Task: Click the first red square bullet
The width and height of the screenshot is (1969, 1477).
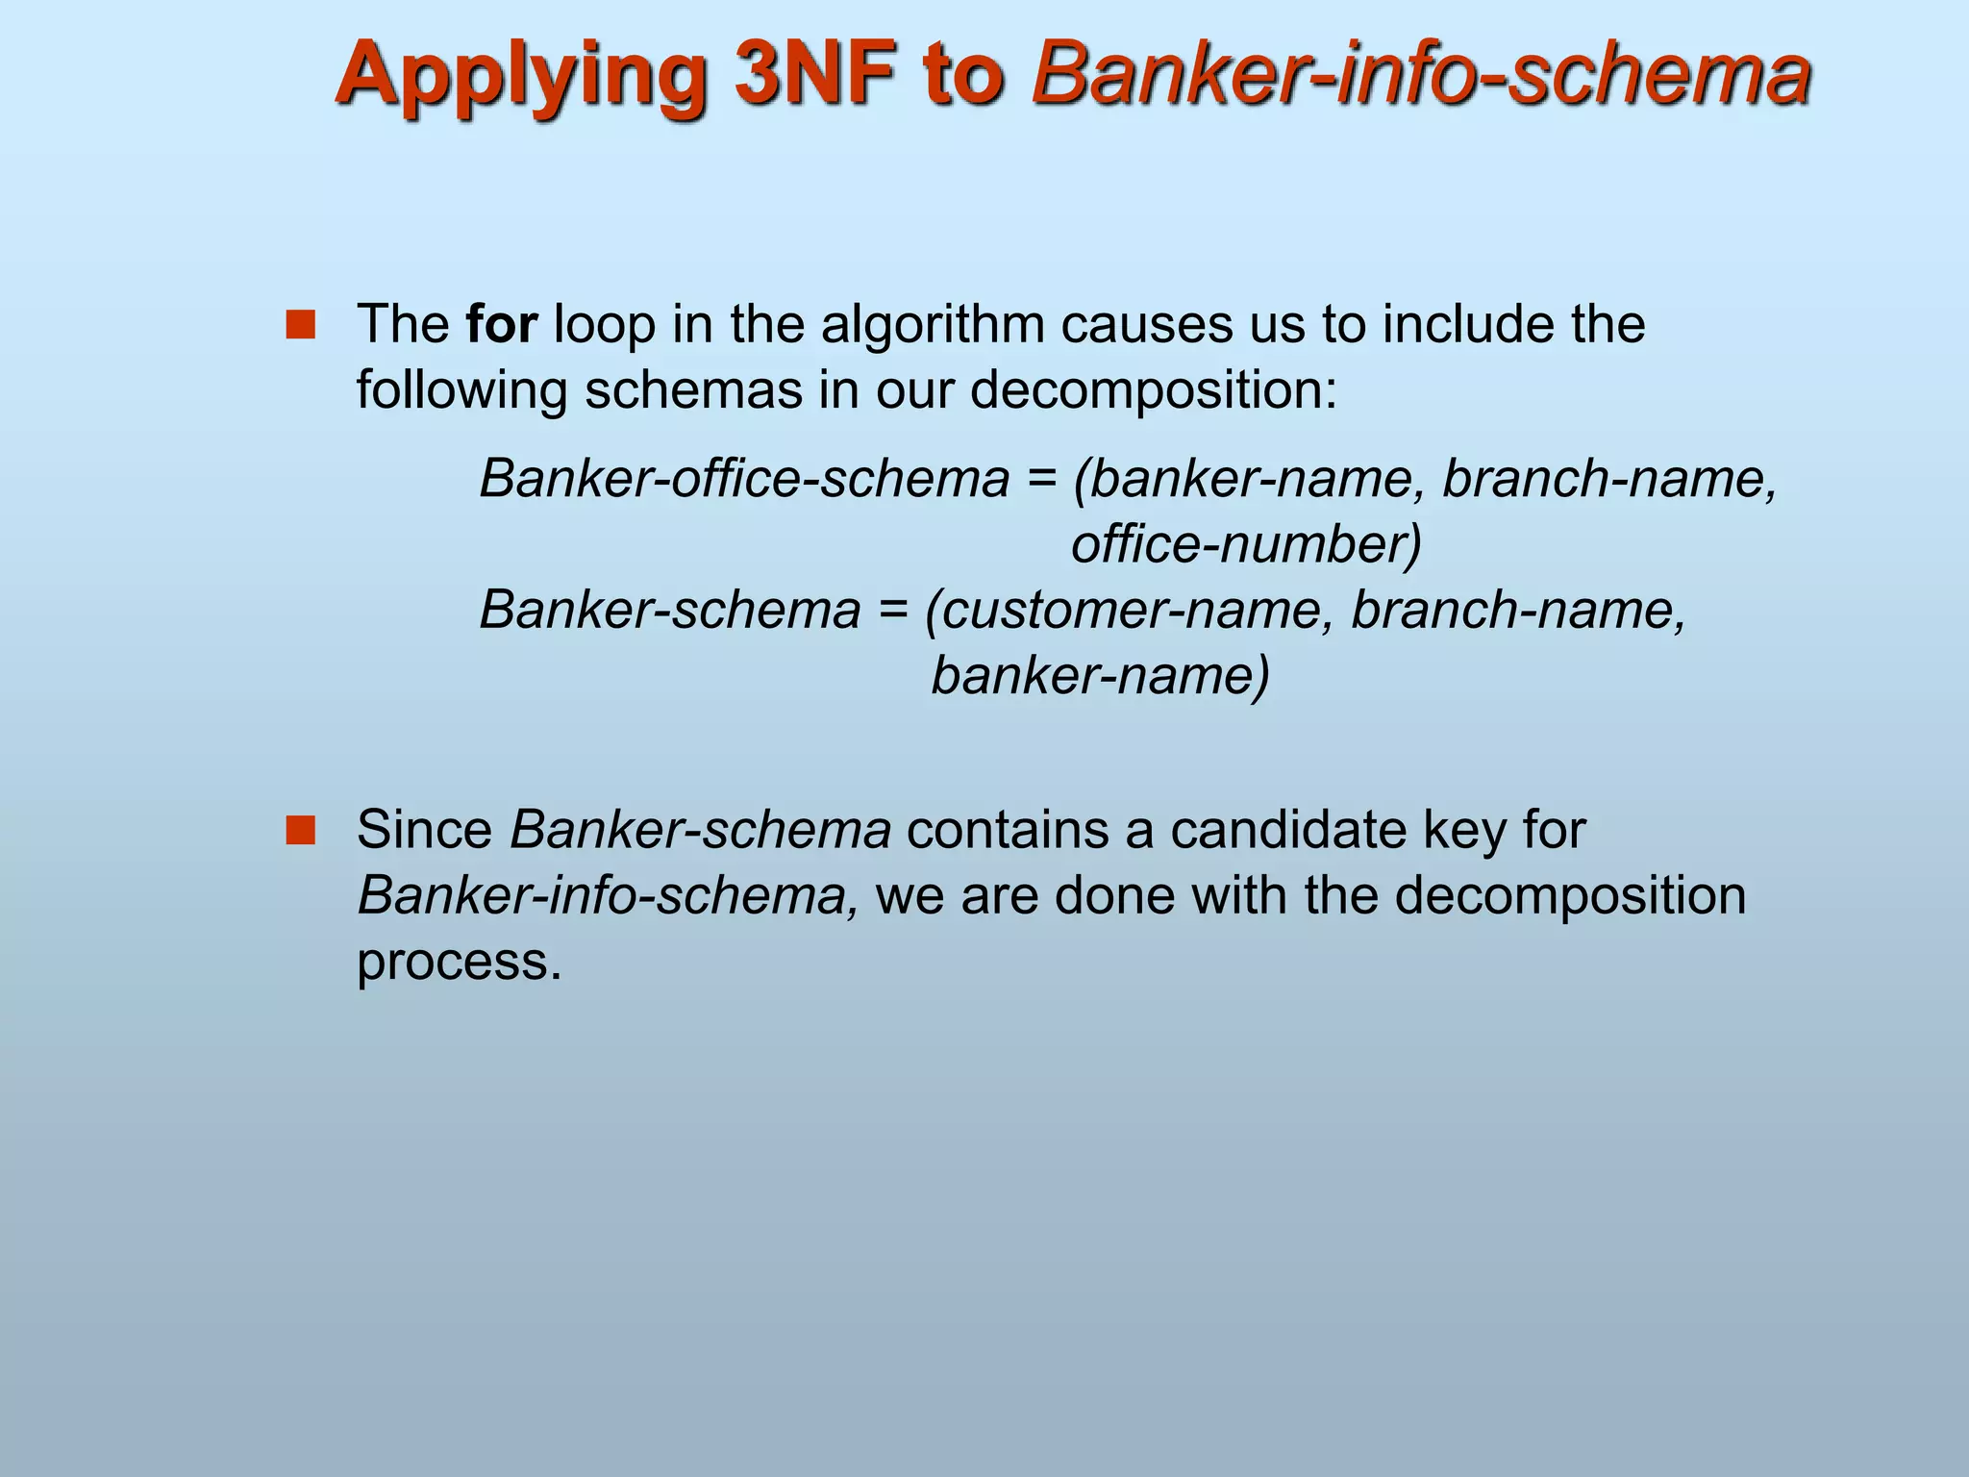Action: pos(301,325)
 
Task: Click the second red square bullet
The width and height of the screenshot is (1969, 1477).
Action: pos(301,830)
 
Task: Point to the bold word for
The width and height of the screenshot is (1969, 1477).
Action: pos(501,324)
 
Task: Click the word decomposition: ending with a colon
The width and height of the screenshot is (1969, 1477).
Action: pos(1153,390)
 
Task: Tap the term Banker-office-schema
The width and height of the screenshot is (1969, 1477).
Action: pos(744,478)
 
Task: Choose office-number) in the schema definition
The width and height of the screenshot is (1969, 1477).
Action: pos(1246,543)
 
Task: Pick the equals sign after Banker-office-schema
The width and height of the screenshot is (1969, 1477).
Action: pos(1041,480)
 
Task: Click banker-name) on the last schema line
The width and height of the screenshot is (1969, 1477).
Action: pos(1101,675)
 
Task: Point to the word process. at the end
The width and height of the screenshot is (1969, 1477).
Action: pos(459,962)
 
